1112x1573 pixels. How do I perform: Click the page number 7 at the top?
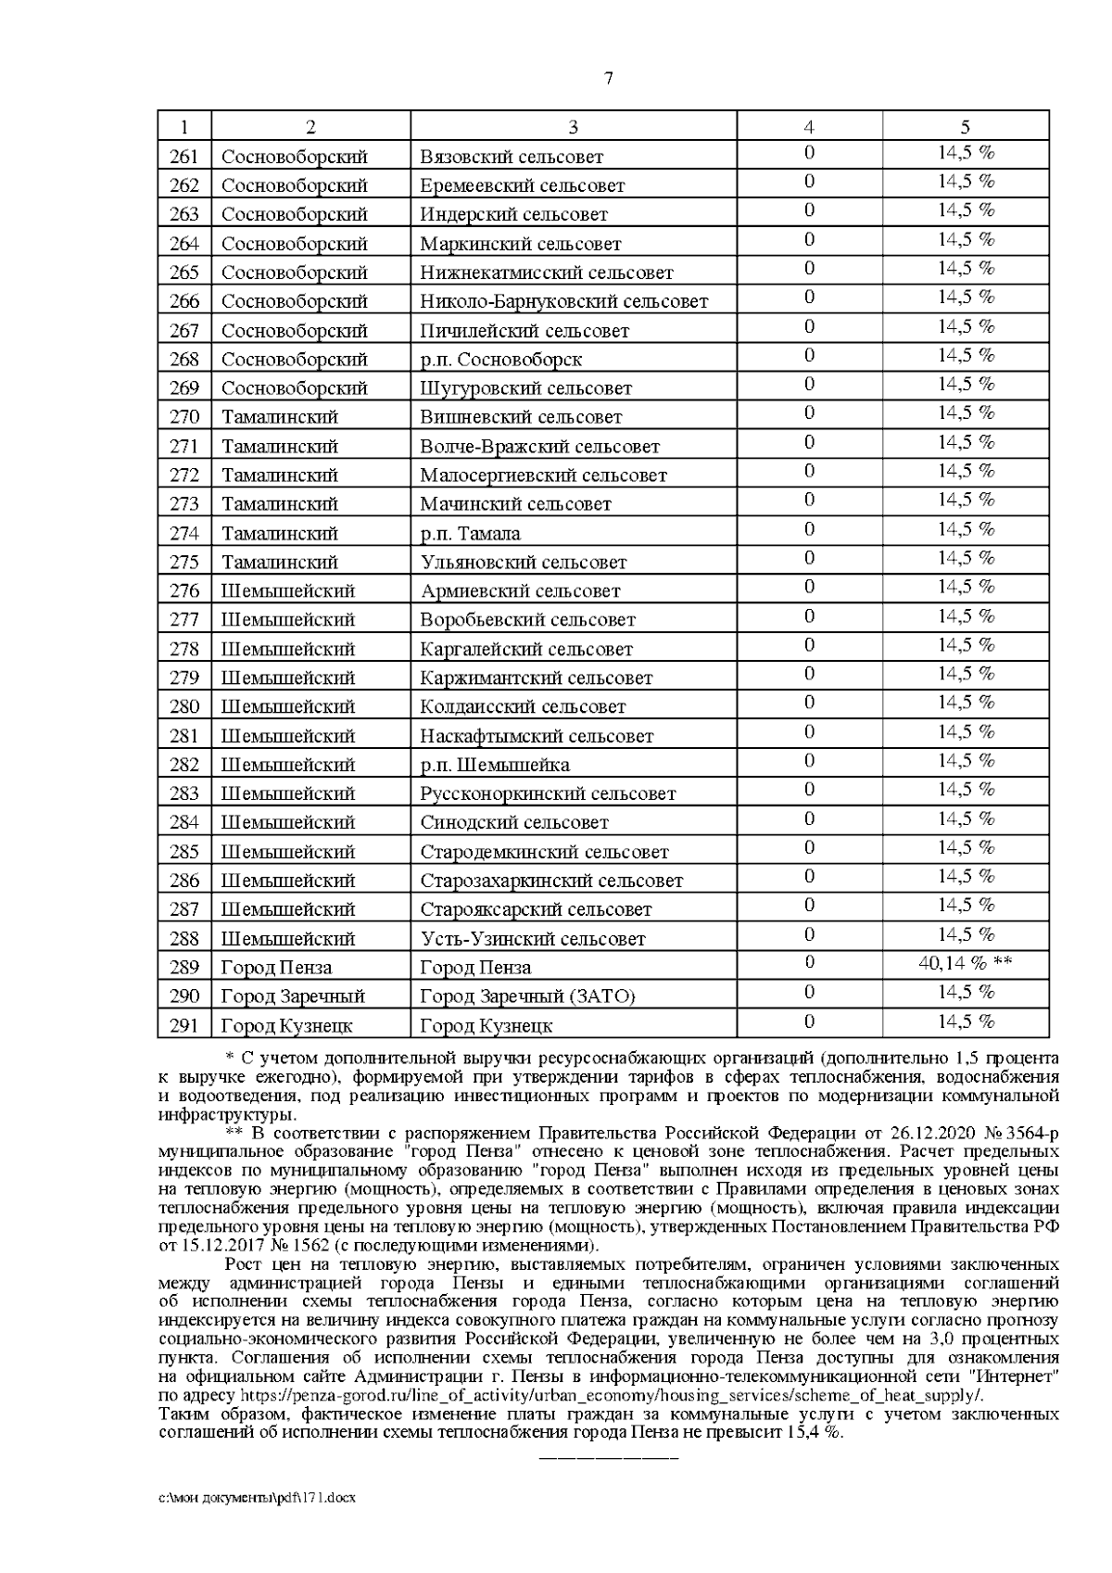click(608, 79)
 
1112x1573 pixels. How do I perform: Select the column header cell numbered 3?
click(573, 127)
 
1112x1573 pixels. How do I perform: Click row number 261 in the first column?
click(184, 157)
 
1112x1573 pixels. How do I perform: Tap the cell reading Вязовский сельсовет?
click(512, 157)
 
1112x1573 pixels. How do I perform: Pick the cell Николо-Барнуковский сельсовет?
click(563, 301)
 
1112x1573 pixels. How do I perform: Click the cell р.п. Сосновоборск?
click(501, 360)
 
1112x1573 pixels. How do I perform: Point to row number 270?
click(184, 417)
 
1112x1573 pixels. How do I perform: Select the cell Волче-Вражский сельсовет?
click(539, 447)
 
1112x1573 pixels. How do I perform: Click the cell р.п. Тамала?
click(470, 534)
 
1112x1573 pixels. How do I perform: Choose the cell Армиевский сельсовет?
click(520, 591)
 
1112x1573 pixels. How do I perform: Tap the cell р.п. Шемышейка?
click(495, 766)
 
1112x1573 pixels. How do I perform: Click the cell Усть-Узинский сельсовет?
click(533, 939)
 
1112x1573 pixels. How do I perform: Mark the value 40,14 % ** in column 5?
click(965, 963)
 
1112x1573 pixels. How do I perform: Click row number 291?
click(184, 1026)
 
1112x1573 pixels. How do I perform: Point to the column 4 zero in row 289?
click(809, 963)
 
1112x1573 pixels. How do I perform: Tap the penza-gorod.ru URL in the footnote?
click(612, 1395)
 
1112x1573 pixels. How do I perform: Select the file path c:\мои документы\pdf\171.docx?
click(258, 1523)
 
